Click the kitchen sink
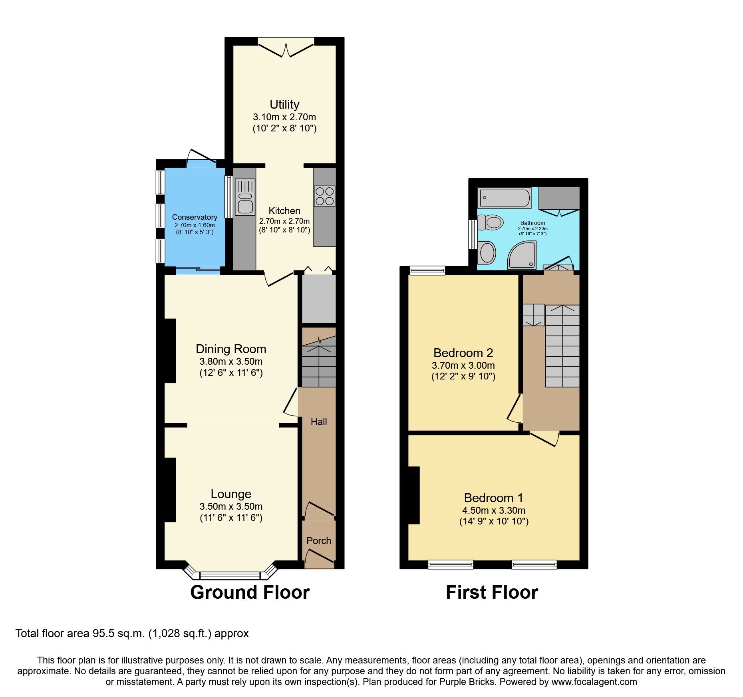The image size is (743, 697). tap(245, 197)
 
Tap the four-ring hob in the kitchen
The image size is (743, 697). tap(324, 196)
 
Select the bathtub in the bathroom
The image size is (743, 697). tap(505, 198)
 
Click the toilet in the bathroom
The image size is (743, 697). tap(491, 222)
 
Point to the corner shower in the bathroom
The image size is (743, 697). tap(522, 256)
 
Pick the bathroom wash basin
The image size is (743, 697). tap(487, 253)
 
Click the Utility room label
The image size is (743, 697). tap(284, 105)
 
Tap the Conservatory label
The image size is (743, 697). tap(195, 217)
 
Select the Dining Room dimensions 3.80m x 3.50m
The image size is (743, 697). tap(231, 361)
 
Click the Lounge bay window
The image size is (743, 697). tap(230, 575)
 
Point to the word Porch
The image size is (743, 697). tap(318, 541)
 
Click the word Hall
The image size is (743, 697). tap(318, 422)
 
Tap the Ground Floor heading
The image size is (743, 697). tap(250, 592)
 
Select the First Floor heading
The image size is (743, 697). tap(492, 592)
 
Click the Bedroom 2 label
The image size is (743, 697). tap(463, 353)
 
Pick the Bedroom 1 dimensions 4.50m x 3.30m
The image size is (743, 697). tap(493, 510)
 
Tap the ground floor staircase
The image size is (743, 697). tap(318, 361)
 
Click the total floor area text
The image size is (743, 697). tap(132, 633)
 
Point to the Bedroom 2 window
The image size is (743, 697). tap(427, 270)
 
